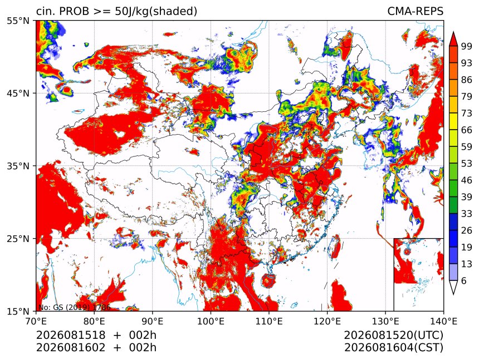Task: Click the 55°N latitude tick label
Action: [x=18, y=21]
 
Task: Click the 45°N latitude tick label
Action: [x=18, y=93]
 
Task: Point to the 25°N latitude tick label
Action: [x=18, y=238]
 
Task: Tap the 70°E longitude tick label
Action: [x=36, y=321]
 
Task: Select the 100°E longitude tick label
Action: [x=211, y=321]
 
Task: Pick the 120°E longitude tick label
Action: [x=327, y=321]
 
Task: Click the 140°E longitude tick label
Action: [x=443, y=321]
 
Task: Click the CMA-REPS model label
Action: [x=415, y=11]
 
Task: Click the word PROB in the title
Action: [x=74, y=11]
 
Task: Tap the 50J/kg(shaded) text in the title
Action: [x=156, y=12]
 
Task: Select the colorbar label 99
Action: [x=467, y=46]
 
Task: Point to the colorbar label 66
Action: [x=467, y=130]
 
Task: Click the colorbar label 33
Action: [x=467, y=214]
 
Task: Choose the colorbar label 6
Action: [x=464, y=280]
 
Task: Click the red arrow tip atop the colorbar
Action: [x=453, y=32]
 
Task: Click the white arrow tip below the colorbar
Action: [x=453, y=293]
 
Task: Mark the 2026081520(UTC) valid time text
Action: [x=394, y=335]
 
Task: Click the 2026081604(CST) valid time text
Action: [x=394, y=347]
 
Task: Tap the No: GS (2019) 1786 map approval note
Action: [x=75, y=307]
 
